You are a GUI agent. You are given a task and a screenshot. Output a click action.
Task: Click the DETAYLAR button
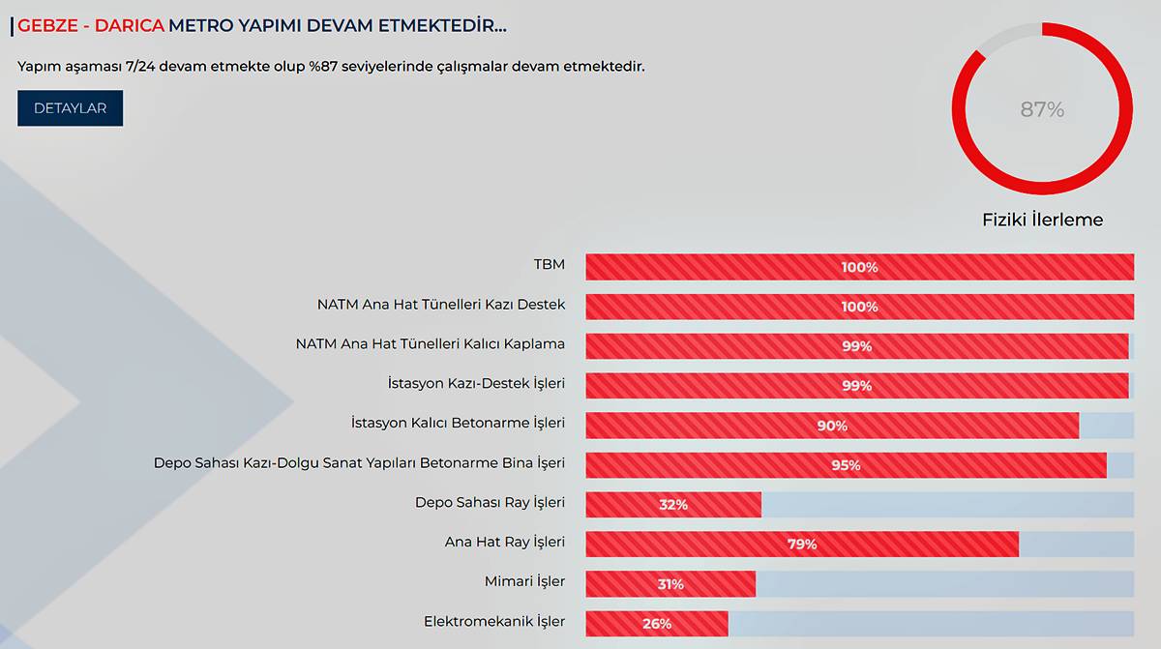70,108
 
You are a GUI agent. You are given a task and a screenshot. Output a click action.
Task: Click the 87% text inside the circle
1042,110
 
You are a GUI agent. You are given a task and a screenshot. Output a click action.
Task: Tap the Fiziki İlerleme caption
1042,220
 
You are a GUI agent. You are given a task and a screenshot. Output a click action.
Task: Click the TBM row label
549,264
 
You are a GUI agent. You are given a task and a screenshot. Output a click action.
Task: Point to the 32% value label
673,505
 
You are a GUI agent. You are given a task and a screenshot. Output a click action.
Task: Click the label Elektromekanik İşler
494,621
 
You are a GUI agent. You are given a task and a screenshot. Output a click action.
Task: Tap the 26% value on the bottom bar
657,624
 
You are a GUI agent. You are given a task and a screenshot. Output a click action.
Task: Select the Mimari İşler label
524,581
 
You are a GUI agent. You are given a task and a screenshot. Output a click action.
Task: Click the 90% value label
832,426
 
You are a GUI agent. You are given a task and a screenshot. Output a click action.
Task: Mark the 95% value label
846,465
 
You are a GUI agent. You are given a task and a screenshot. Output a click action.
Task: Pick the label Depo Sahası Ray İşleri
490,502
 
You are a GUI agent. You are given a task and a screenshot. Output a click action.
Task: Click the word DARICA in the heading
130,26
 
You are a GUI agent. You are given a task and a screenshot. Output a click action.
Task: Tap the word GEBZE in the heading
47,26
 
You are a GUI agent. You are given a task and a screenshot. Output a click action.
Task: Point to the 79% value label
802,545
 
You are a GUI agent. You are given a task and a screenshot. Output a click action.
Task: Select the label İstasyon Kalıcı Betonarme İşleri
458,423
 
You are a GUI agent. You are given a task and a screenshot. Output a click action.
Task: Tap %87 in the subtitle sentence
328,67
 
